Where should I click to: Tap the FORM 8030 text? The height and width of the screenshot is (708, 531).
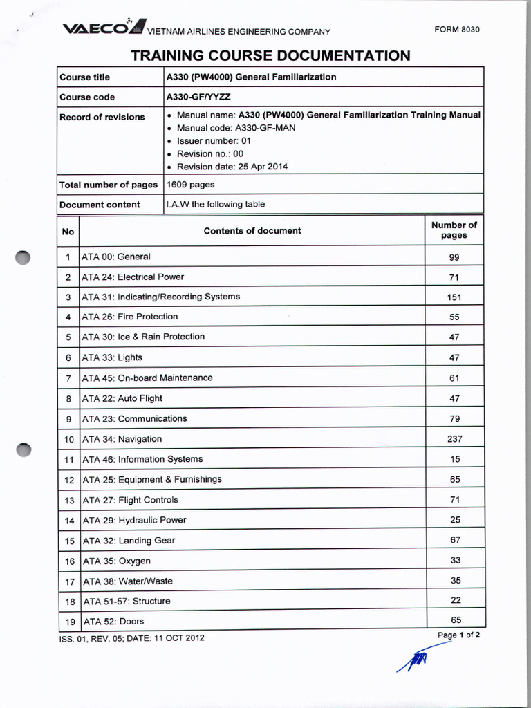click(x=456, y=30)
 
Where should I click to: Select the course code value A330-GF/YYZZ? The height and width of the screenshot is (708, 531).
click(x=198, y=97)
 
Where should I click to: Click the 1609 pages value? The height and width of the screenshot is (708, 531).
click(x=191, y=185)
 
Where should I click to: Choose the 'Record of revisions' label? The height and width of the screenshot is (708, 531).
click(x=102, y=117)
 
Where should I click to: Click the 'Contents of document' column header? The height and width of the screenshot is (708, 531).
click(x=252, y=231)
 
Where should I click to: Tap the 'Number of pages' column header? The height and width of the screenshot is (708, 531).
click(x=454, y=230)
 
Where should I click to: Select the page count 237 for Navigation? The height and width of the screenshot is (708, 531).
click(x=455, y=439)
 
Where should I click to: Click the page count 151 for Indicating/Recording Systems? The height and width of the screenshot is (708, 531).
click(x=454, y=297)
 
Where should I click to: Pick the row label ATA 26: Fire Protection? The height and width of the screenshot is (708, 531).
click(x=130, y=317)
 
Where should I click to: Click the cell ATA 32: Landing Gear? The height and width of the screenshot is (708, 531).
click(x=129, y=541)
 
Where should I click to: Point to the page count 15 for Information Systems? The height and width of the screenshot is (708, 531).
click(x=455, y=460)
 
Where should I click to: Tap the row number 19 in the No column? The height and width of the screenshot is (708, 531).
click(x=68, y=622)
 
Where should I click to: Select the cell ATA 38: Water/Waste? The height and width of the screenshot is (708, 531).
click(x=127, y=581)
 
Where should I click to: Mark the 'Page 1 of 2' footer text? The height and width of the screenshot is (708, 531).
click(x=458, y=635)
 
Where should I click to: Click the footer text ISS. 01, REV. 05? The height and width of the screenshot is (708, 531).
click(x=131, y=637)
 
